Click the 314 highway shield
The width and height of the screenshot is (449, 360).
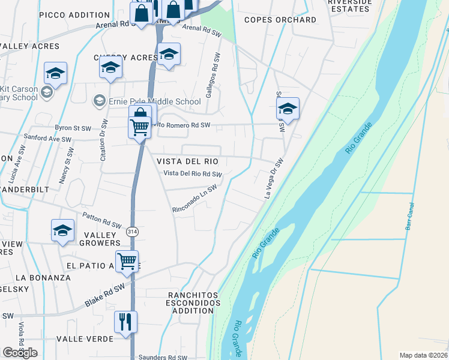click(132, 231)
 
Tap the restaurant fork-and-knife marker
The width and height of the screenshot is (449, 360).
click(125, 322)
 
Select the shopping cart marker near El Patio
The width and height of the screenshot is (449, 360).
click(127, 262)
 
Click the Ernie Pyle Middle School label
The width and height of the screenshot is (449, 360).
click(154, 101)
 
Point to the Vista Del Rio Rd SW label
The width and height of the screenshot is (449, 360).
click(193, 174)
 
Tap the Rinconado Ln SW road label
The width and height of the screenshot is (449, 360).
click(194, 198)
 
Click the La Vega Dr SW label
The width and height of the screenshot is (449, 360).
click(274, 178)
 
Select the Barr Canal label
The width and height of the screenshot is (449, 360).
click(411, 219)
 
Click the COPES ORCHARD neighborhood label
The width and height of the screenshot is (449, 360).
click(280, 20)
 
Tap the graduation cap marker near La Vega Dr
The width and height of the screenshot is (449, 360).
click(288, 109)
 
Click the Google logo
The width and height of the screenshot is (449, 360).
click(20, 353)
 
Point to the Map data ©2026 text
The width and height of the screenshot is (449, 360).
click(423, 355)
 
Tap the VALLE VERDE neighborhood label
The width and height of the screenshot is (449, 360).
click(85, 339)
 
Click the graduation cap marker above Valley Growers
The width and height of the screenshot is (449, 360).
click(62, 231)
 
